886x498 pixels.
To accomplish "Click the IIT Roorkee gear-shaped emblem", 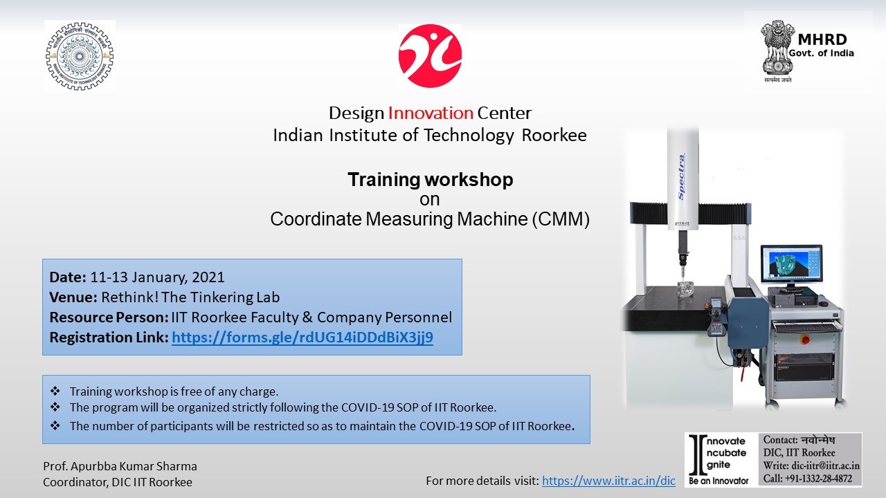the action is pyautogui.click(x=80, y=56).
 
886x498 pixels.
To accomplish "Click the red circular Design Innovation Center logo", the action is pyautogui.click(x=430, y=56).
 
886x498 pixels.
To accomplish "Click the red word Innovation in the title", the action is pyautogui.click(x=431, y=113).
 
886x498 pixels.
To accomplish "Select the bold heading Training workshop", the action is pyautogui.click(x=431, y=180).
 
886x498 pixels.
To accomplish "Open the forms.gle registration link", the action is pyautogui.click(x=302, y=338).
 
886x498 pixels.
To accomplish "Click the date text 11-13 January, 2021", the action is pyautogui.click(x=157, y=277).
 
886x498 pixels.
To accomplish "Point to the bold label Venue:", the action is pyautogui.click(x=73, y=297).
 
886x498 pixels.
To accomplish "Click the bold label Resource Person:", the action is pyautogui.click(x=109, y=317).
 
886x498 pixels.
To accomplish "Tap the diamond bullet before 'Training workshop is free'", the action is pyautogui.click(x=55, y=391).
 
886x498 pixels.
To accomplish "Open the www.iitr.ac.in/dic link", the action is pyautogui.click(x=608, y=481).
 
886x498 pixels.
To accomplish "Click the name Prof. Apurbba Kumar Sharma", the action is pyautogui.click(x=120, y=466).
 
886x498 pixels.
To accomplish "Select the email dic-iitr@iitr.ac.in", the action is pyautogui.click(x=826, y=465).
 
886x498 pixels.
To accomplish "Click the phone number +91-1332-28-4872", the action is pyautogui.click(x=819, y=479).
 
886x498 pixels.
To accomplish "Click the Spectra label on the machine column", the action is pyautogui.click(x=682, y=176).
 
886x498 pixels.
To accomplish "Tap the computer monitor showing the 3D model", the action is pyautogui.click(x=791, y=264).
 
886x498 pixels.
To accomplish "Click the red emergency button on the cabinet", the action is pyautogui.click(x=803, y=339).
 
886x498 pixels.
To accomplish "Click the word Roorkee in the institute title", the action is pyautogui.click(x=554, y=135).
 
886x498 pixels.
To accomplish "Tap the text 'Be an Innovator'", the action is pyautogui.click(x=718, y=481).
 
